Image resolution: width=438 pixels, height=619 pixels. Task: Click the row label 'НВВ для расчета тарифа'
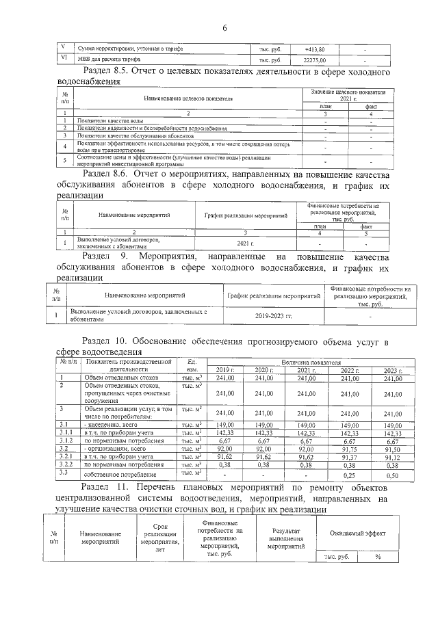pyautogui.click(x=107, y=61)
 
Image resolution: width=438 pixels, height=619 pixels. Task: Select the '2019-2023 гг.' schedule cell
pyautogui.click(x=274, y=317)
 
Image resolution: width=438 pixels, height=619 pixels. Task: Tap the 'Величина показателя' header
pyautogui.click(x=309, y=361)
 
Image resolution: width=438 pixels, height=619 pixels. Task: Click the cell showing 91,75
pyautogui.click(x=350, y=449)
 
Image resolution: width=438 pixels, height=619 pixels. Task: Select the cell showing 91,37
pyautogui.click(x=350, y=457)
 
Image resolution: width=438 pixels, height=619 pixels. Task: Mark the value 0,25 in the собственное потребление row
pyautogui.click(x=350, y=474)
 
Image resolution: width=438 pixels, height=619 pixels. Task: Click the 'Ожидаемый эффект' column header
pyautogui.click(x=356, y=532)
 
